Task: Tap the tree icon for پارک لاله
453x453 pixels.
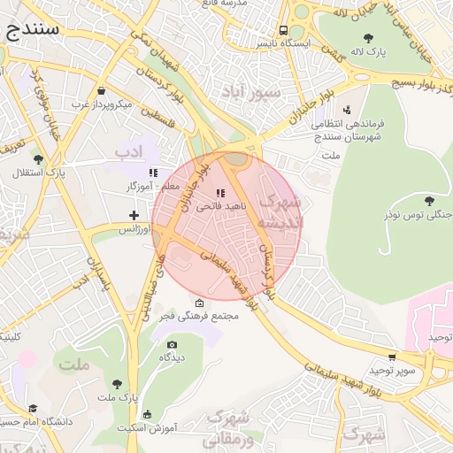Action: click(368, 38)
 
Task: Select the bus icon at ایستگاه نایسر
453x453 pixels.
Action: click(284, 29)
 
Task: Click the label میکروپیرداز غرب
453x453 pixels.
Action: click(102, 104)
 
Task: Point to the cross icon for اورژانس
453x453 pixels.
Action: click(134, 215)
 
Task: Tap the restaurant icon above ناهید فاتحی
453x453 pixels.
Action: click(220, 192)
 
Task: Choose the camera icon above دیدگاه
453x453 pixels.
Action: click(172, 344)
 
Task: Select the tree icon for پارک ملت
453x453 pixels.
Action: click(117, 384)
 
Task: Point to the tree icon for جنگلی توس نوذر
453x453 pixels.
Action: click(429, 201)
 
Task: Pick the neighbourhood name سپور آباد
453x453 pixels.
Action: click(253, 91)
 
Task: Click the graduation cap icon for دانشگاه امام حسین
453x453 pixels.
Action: click(33, 409)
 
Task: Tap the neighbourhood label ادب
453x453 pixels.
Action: click(128, 152)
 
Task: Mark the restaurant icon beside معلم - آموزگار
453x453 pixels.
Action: click(153, 173)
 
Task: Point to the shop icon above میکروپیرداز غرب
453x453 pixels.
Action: click(102, 91)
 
